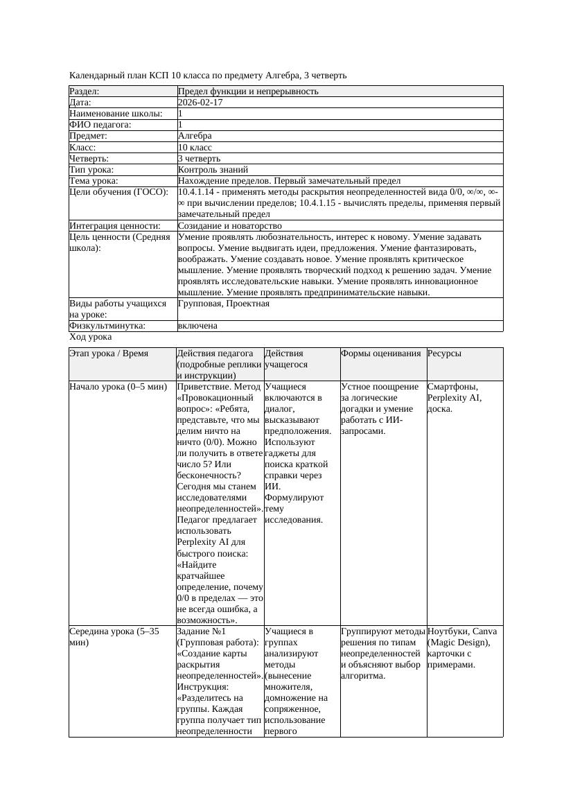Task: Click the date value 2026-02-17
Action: coord(200,103)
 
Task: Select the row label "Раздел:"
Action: coord(85,91)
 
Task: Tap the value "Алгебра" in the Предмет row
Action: coord(195,136)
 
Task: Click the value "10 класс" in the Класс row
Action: coord(195,148)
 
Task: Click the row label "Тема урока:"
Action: coord(94,181)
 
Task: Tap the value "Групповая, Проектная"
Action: coord(223,304)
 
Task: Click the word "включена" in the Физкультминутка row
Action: coord(197,326)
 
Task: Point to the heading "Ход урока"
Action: coord(91,337)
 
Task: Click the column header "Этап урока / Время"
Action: coord(109,354)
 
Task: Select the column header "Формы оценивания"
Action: coord(380,354)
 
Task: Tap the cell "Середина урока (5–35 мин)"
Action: coord(109,637)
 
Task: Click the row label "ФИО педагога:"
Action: coord(100,125)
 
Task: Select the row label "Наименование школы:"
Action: coord(116,114)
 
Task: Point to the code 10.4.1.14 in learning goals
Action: coord(197,192)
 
